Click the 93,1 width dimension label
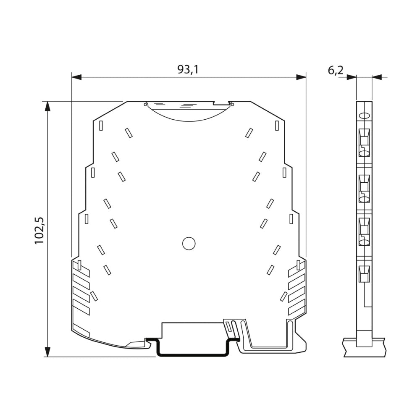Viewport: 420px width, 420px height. point(188,69)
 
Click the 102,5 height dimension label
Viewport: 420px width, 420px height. point(39,230)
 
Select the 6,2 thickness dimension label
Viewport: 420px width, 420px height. point(335,70)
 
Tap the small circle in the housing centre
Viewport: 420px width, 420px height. point(189,244)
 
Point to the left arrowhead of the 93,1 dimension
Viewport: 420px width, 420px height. point(76,77)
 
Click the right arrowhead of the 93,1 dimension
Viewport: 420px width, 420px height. point(301,77)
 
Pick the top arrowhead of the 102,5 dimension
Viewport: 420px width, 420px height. point(47,106)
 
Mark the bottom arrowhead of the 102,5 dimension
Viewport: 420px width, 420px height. point(47,352)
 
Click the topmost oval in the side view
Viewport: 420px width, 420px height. point(364,116)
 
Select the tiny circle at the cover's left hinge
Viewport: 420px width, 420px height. point(145,104)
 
